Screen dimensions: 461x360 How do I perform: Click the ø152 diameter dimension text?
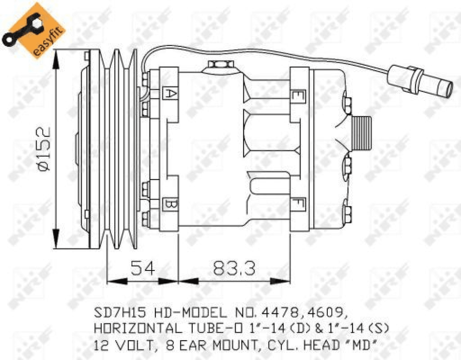pos(44,150)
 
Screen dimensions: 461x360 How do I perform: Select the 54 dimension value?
pos(142,268)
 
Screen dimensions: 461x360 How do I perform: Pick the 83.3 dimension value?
pos(234,268)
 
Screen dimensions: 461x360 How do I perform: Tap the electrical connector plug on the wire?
pos(419,81)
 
